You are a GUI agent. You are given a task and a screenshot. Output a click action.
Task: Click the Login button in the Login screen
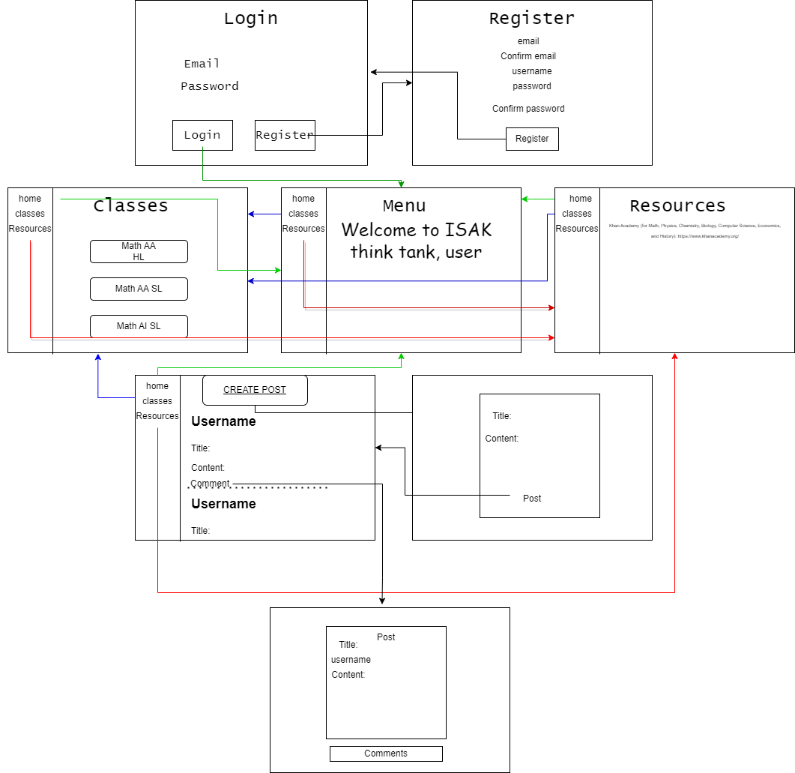[202, 135]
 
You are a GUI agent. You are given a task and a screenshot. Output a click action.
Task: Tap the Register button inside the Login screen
[285, 135]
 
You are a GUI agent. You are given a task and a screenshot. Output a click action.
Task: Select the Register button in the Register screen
[532, 139]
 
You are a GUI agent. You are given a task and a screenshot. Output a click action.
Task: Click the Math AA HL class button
[139, 251]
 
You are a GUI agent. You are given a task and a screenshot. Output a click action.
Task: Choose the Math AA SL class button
[139, 289]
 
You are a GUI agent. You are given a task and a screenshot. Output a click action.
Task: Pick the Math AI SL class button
[139, 326]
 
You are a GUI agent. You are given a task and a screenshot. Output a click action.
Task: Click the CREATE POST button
[255, 390]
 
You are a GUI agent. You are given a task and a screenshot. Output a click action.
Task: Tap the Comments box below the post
[386, 754]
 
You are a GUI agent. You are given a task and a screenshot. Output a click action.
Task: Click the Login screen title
[250, 19]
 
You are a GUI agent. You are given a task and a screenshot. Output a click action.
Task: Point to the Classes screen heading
[131, 205]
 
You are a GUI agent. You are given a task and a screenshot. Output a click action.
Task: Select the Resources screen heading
[677, 205]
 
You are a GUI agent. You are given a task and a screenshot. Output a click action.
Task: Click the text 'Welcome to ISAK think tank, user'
[417, 241]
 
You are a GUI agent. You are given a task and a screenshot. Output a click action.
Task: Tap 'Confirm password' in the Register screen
[528, 109]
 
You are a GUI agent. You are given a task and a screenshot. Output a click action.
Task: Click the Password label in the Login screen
[210, 86]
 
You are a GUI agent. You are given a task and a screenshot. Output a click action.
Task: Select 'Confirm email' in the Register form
[528, 56]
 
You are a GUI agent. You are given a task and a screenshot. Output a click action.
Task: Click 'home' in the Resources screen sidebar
[581, 199]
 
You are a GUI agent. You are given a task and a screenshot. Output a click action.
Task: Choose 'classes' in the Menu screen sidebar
[303, 214]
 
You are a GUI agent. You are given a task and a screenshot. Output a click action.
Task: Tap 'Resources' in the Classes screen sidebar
[30, 229]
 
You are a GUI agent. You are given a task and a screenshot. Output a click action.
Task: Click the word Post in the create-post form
[532, 499]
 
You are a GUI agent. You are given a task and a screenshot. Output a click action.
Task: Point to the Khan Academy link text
[695, 230]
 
